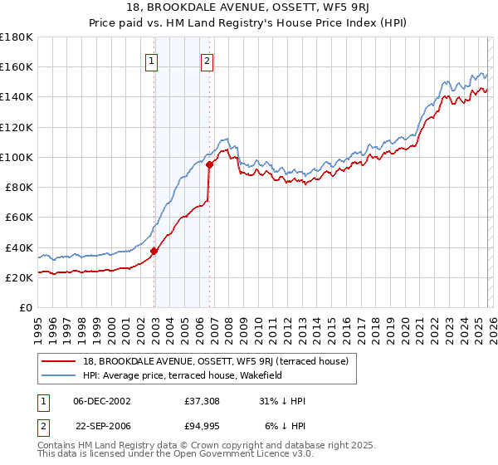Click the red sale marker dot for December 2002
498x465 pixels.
[x=154, y=251]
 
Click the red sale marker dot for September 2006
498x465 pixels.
[x=210, y=164]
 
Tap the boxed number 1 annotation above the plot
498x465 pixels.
[x=153, y=60]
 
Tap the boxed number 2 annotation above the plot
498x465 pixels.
[x=206, y=60]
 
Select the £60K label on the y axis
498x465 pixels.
[x=18, y=218]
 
